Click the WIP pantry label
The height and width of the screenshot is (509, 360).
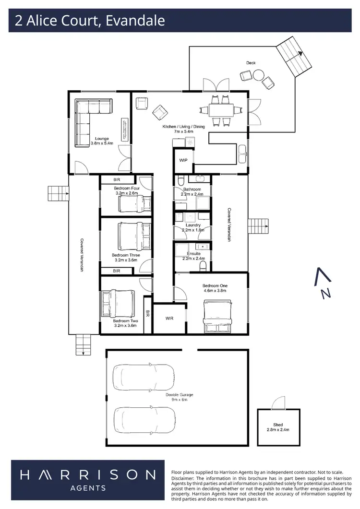183,160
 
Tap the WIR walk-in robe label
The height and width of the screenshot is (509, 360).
169,318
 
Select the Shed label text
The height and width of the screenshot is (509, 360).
278,425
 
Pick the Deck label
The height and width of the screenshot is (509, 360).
251,63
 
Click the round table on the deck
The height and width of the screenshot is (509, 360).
258,75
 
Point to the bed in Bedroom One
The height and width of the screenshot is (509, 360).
217,316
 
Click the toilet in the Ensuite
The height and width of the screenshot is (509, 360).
203,265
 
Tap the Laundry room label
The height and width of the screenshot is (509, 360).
192,225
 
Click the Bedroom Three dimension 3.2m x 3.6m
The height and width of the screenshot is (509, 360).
126,260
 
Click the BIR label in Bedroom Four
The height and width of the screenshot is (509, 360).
117,179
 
